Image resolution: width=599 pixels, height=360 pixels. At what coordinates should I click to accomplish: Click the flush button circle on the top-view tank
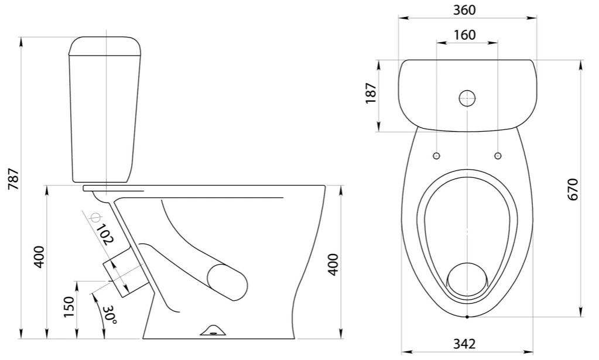[467, 98]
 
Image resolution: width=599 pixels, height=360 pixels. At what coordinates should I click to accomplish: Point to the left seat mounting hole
[436, 156]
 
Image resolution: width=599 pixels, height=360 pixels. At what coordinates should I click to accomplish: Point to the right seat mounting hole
[498, 156]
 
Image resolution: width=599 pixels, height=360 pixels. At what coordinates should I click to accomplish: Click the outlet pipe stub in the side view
[124, 271]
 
